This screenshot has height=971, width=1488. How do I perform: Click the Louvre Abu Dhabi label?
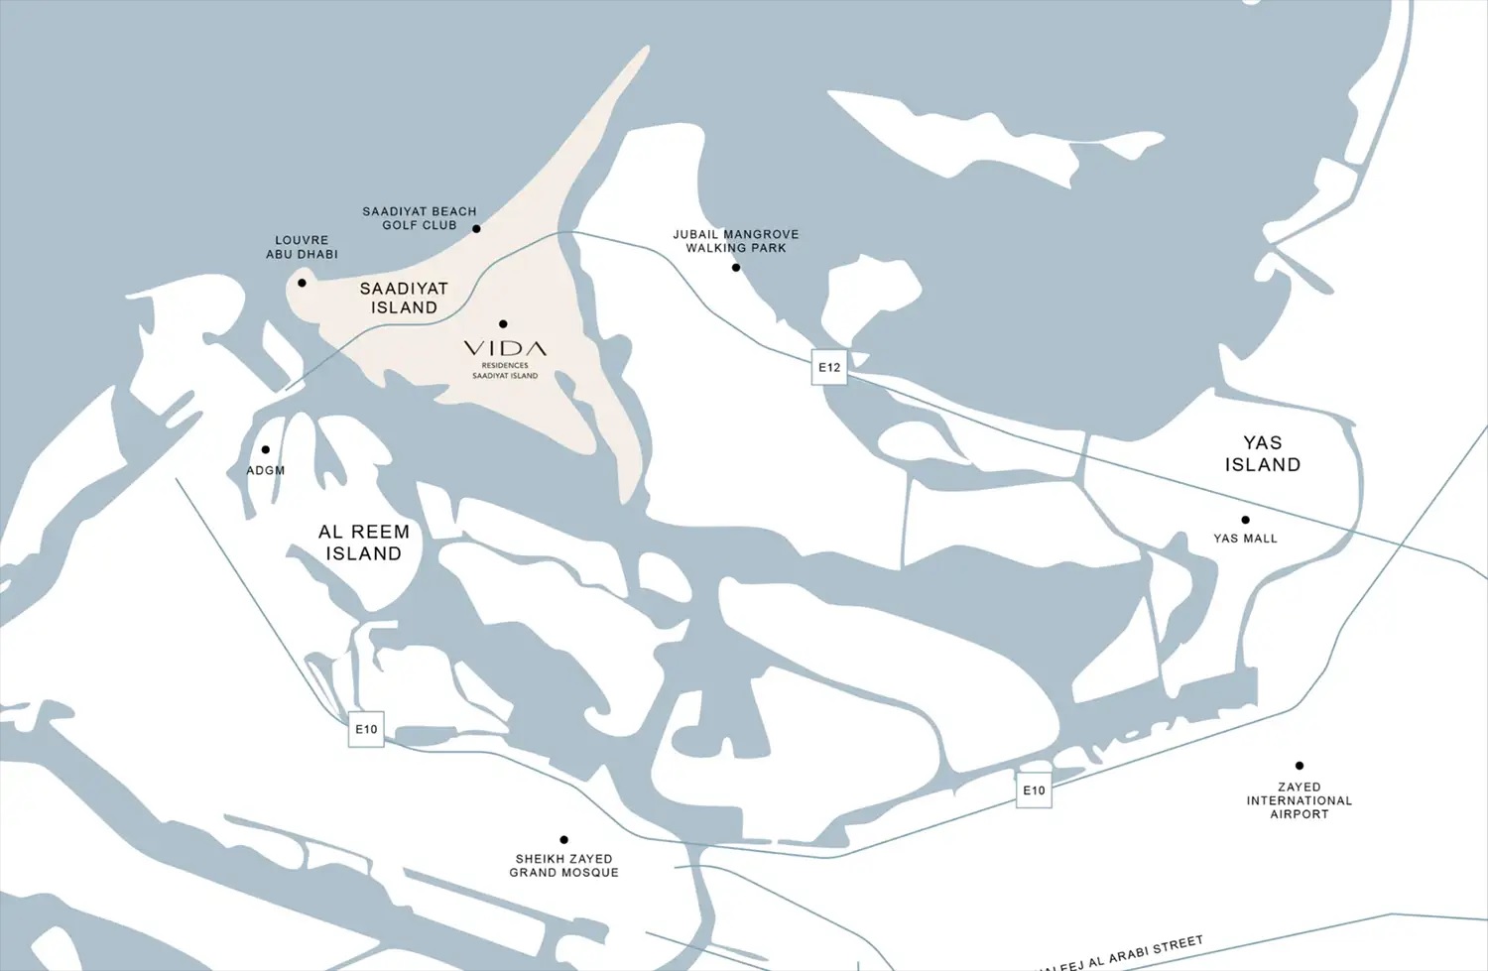click(302, 247)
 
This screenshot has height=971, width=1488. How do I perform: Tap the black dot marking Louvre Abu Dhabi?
click(302, 283)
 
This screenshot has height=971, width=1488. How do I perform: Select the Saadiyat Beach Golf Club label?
click(419, 218)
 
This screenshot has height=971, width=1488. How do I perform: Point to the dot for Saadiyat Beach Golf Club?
click(476, 228)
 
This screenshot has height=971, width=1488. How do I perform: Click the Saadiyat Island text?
click(404, 298)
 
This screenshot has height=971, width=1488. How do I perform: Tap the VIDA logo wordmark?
click(505, 349)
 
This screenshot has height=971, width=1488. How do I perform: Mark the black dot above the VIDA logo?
click(503, 323)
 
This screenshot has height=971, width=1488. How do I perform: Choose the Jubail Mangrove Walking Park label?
click(735, 241)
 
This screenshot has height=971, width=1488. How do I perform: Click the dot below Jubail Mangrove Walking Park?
click(736, 267)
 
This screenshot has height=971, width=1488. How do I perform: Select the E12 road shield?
click(829, 367)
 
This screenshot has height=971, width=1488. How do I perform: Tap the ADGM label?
click(265, 470)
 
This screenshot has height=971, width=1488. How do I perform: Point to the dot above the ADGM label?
click(265, 449)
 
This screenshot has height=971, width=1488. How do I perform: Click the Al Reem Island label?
click(363, 543)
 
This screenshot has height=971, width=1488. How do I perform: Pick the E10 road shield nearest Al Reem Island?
click(366, 729)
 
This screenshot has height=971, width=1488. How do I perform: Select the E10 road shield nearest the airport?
click(1034, 790)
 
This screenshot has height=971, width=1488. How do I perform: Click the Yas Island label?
click(1262, 453)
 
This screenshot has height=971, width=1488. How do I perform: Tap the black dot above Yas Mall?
click(1245, 520)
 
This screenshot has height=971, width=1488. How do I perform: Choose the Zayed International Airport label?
click(1299, 800)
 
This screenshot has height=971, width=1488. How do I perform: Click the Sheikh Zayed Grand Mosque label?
click(563, 865)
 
